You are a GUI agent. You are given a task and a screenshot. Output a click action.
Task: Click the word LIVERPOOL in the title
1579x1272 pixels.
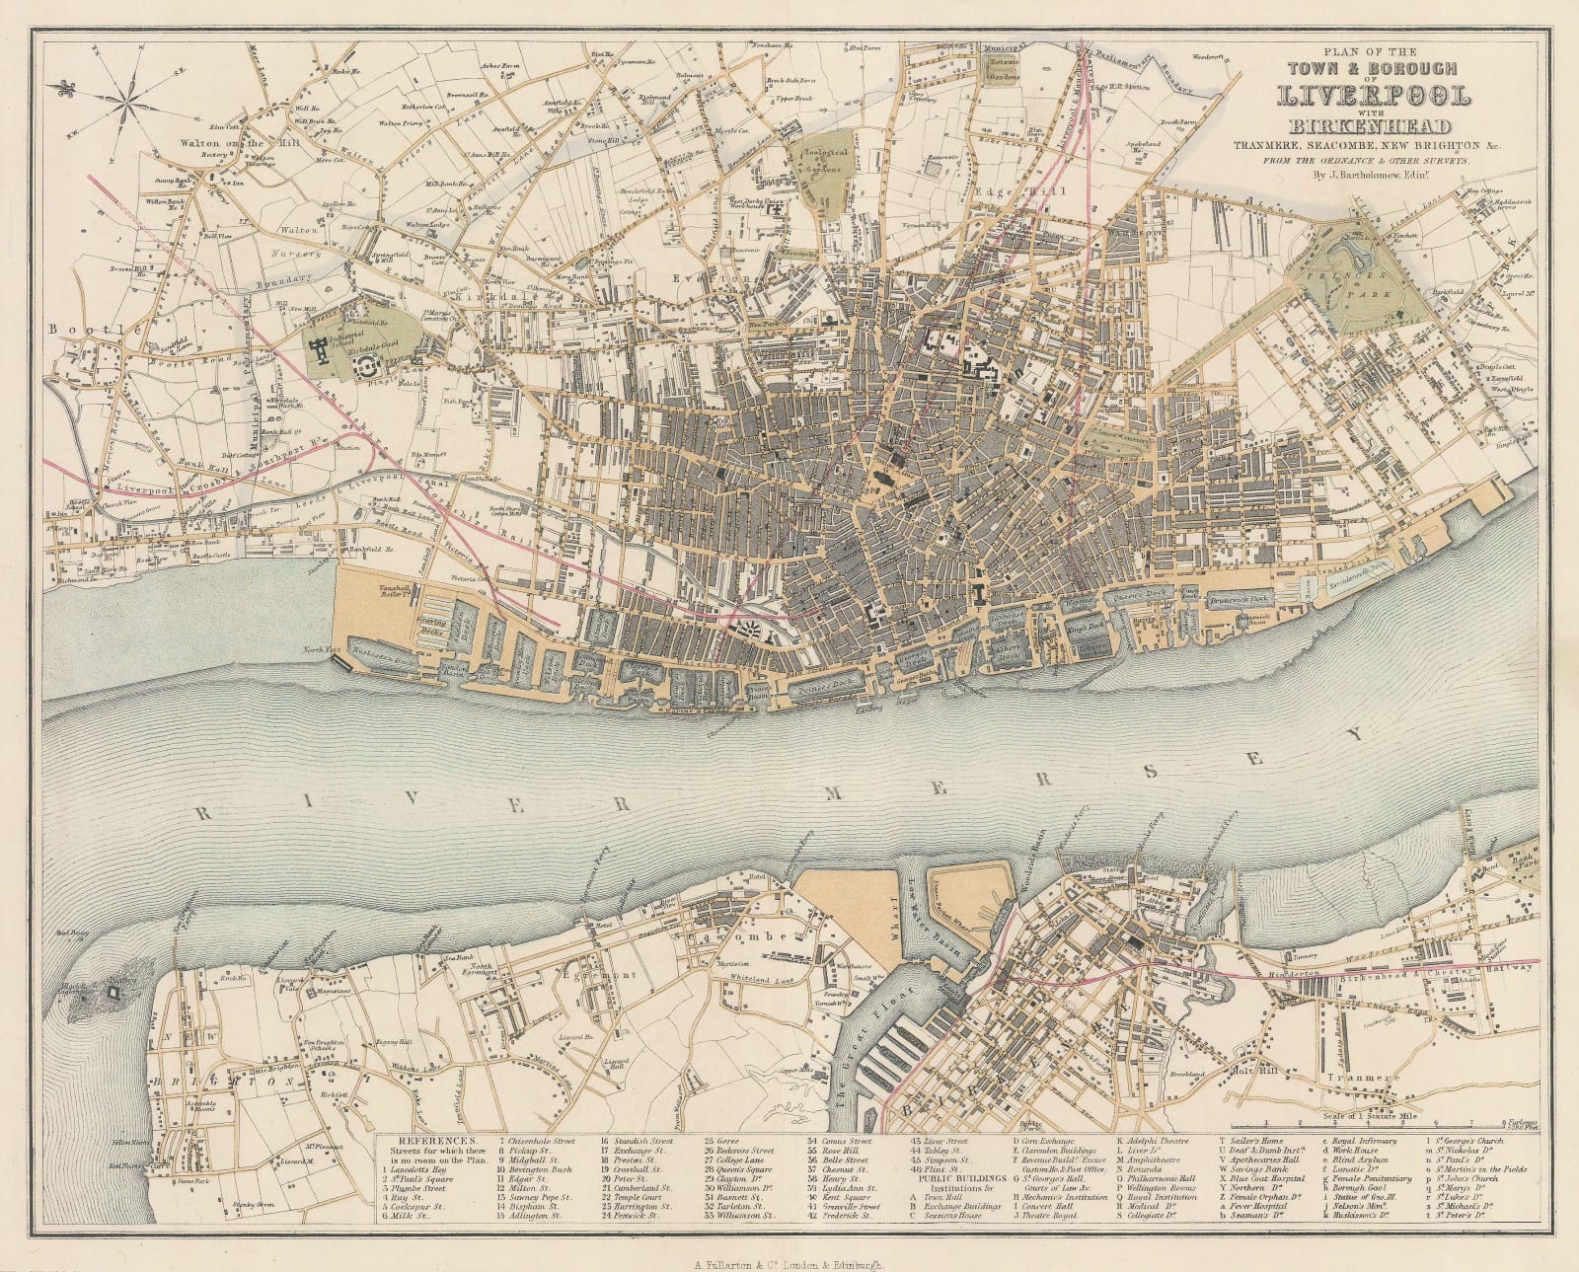pos(1375,97)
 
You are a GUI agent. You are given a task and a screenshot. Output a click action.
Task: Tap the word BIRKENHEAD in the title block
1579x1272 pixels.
pos(1375,126)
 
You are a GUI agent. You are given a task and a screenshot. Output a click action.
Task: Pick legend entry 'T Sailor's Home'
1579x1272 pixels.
pos(1255,1140)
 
